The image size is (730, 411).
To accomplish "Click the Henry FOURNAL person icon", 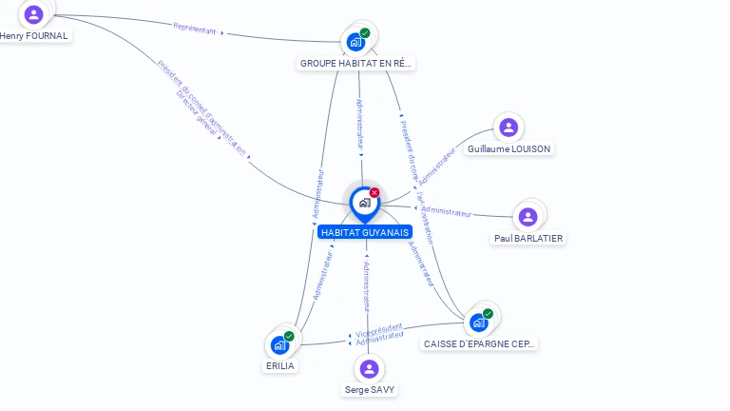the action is coord(34,14).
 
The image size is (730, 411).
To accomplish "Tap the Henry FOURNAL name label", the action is coord(34,36).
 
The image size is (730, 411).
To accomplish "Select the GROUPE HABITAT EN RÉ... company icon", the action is coord(356,42).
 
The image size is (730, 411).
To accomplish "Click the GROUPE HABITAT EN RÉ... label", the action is coord(356,64).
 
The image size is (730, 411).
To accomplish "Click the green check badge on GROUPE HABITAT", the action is coord(365,33).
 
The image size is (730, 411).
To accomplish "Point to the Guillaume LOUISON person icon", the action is coord(509,127).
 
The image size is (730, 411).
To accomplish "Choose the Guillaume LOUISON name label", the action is coord(509,149).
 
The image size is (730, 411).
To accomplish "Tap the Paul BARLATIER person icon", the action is coord(528,217).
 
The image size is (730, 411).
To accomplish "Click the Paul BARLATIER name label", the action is coord(528,239).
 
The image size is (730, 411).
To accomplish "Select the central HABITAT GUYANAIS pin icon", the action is coord(364,203).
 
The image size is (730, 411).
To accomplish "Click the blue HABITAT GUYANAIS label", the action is coord(365,232).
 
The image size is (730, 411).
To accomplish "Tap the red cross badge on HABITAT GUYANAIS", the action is coord(375,193).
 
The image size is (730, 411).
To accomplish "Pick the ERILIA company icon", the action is coord(279,344).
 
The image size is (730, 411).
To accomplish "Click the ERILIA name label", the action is coord(279,366).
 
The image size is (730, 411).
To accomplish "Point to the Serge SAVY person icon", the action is coord(370,369).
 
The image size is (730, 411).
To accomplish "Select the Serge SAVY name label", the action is coord(370,390).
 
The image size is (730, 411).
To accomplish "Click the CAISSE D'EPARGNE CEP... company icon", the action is coord(479,323).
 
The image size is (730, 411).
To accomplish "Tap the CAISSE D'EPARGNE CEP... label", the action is coord(479,343).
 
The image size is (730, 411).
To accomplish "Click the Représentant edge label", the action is coord(196,29).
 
